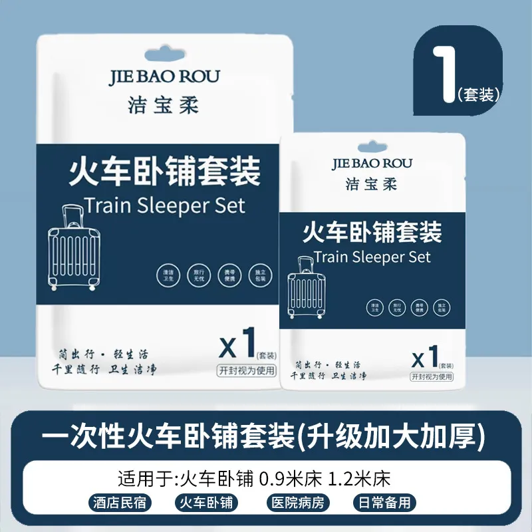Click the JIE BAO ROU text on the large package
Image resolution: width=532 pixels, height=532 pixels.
tap(164, 76)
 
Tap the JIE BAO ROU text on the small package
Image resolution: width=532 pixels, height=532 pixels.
tap(372, 163)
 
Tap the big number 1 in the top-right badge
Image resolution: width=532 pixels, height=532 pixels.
tap(444, 75)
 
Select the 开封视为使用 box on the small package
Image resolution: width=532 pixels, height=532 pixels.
tap(432, 376)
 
